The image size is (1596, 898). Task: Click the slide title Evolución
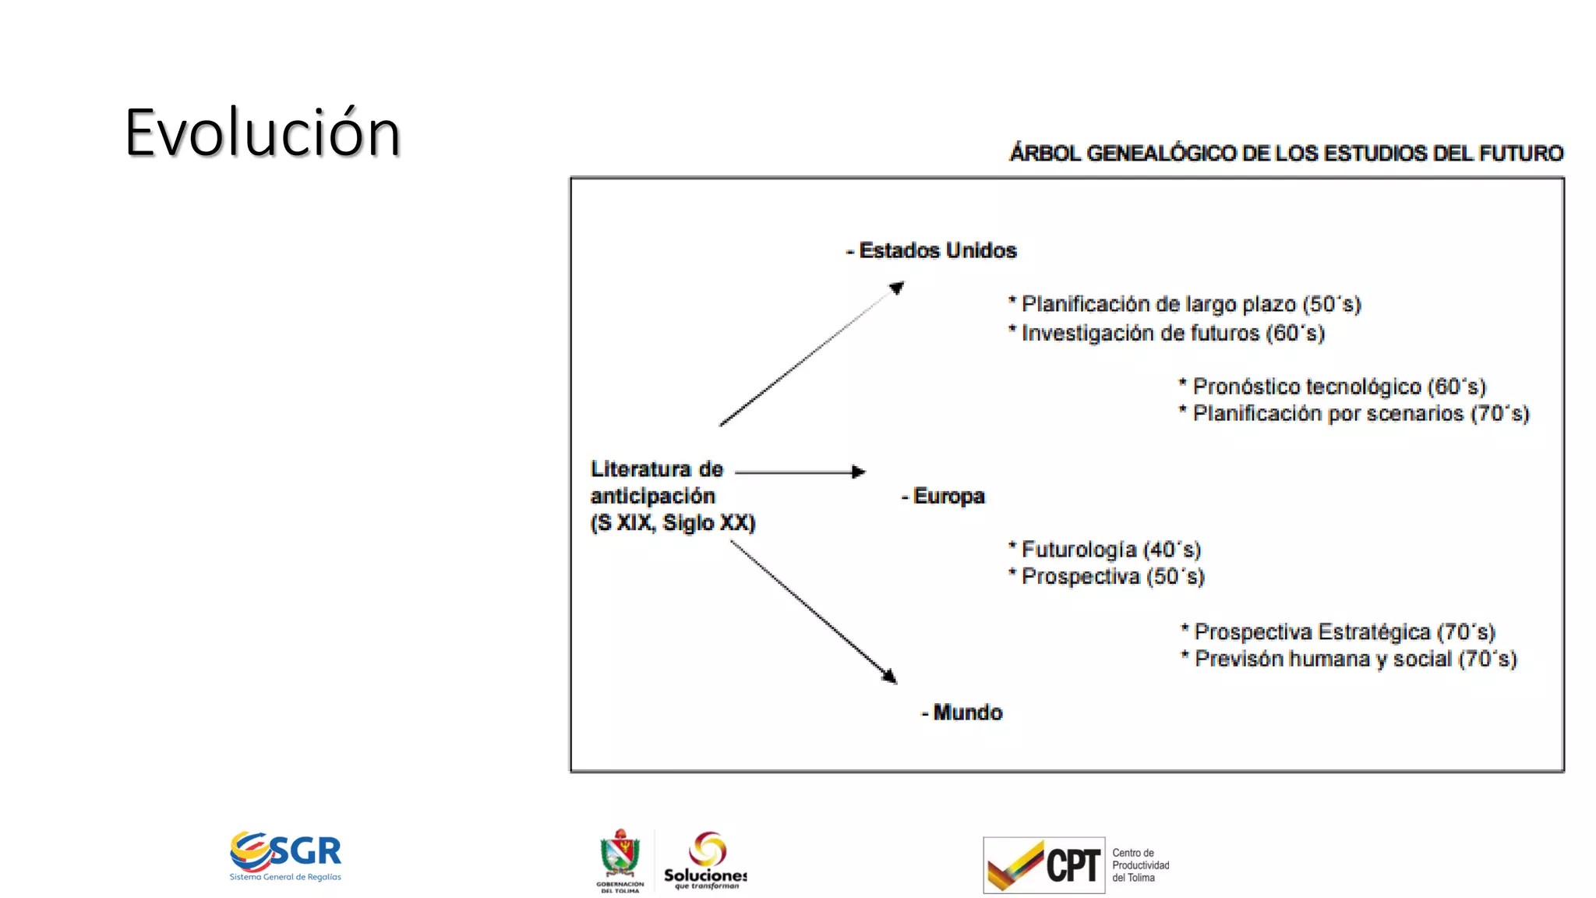(263, 133)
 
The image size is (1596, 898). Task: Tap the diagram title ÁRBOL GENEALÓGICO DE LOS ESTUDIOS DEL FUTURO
(1286, 153)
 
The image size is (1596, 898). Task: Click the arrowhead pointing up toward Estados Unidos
(896, 288)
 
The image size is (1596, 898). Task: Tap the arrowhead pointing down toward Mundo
(889, 676)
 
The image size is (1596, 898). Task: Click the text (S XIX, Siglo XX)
(673, 522)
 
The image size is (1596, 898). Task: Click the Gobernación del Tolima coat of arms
(620, 855)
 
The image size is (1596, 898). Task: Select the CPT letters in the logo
(1072, 865)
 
